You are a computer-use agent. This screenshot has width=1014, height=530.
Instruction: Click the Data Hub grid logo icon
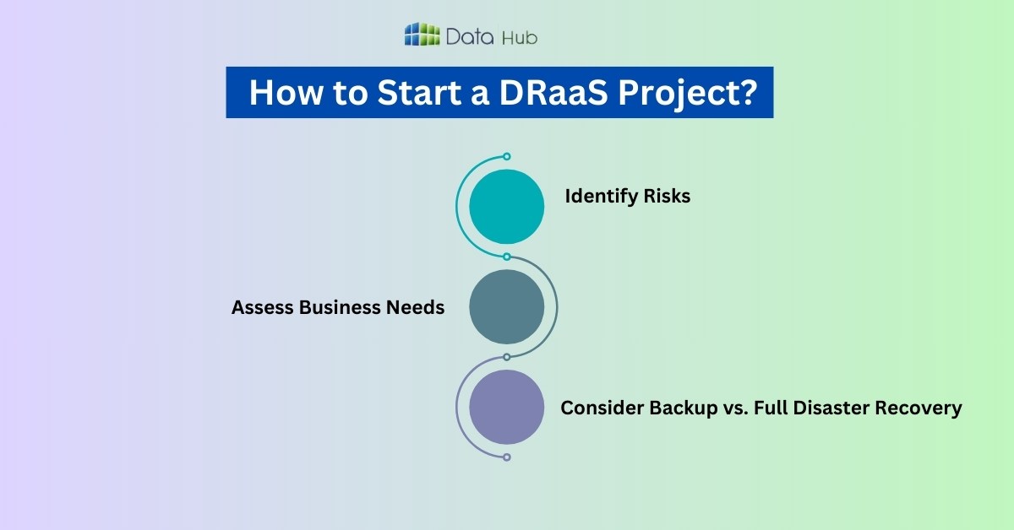[x=422, y=35]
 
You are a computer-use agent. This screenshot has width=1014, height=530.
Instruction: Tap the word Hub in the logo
[x=519, y=36]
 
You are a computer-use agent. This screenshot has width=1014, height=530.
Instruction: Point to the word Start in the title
[x=420, y=93]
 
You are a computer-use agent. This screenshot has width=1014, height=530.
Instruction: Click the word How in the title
[x=285, y=93]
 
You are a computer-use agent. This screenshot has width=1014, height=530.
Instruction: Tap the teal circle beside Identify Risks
[x=506, y=207]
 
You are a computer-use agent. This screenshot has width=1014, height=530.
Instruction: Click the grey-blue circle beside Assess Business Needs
[x=506, y=307]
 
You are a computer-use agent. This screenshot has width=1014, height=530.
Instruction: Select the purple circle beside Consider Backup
[x=506, y=408]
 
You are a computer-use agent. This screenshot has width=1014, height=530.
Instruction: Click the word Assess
[x=262, y=308]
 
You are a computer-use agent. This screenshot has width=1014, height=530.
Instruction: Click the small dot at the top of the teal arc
[x=507, y=156]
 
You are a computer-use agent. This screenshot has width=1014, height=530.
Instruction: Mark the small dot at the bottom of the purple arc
[x=507, y=457]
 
